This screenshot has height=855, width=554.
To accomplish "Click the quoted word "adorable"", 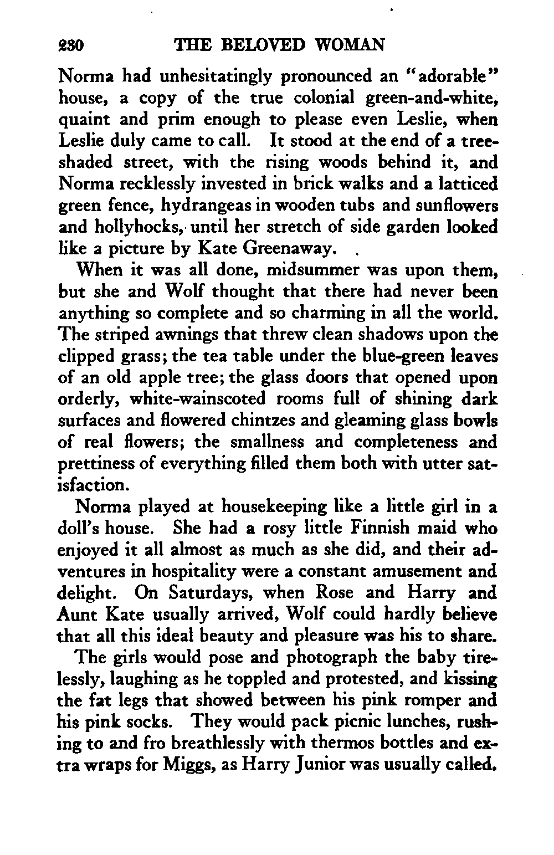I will [447, 75].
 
